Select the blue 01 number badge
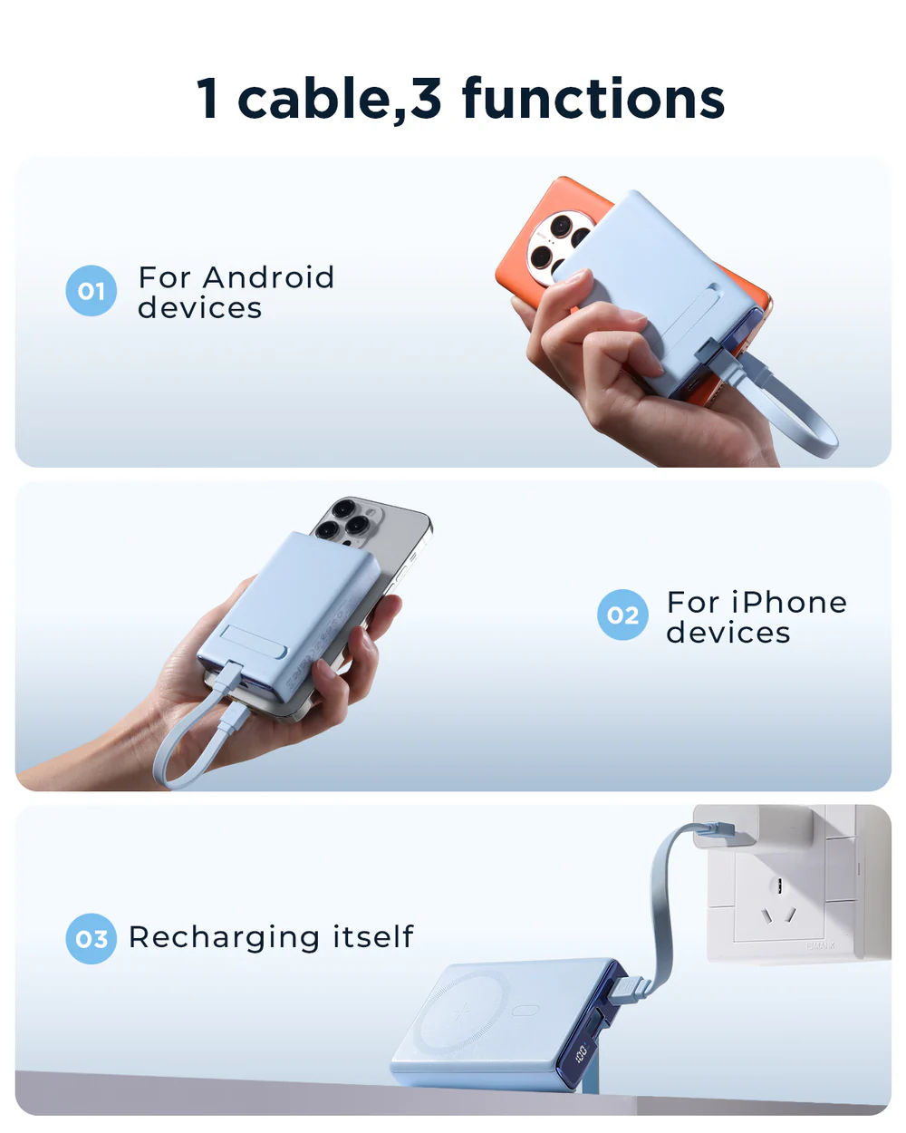[x=92, y=291]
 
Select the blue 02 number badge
[x=622, y=615]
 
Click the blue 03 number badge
[x=92, y=939]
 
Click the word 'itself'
[x=372, y=935]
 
